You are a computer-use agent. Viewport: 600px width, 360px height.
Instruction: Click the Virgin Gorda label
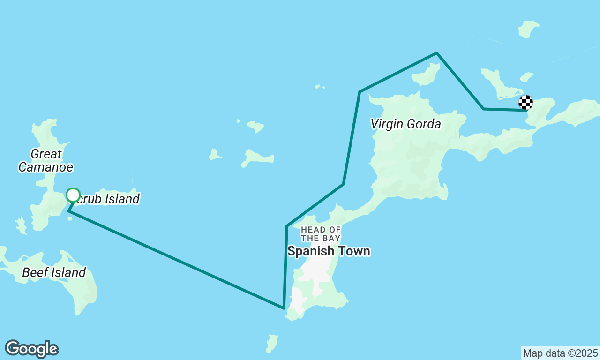point(405,124)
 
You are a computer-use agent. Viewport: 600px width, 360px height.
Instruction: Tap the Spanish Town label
point(329,251)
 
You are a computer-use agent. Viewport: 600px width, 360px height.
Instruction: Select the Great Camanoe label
point(46,160)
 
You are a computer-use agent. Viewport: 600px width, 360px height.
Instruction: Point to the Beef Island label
point(54,272)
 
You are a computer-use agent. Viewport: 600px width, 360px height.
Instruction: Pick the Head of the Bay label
point(321,233)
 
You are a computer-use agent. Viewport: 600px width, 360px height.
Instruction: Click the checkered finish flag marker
point(526,103)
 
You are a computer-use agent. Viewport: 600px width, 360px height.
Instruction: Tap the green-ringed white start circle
point(73,195)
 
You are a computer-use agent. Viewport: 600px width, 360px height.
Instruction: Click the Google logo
point(31,349)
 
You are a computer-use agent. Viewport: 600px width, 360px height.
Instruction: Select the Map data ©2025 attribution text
point(560,353)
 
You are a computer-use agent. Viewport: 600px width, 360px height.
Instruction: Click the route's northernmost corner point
point(436,53)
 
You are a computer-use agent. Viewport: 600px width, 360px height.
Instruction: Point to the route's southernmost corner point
point(284,308)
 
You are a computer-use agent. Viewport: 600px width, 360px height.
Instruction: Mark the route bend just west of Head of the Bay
point(287,226)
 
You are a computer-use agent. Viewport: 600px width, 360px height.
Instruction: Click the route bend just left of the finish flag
point(483,109)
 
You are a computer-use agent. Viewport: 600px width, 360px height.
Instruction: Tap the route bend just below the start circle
point(69,211)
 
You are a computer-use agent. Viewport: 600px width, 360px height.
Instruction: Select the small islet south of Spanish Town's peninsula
point(272,343)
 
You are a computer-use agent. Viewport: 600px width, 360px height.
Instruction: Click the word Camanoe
point(46,166)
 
